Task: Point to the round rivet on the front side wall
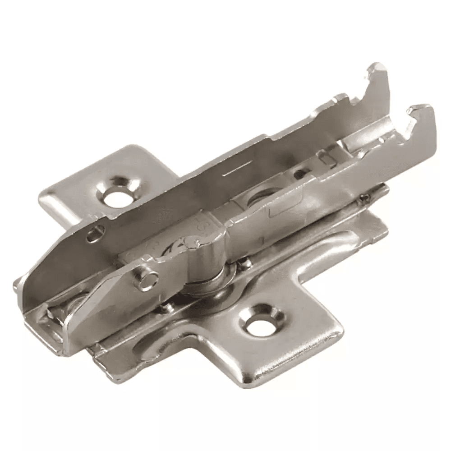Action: pos(147,281)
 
